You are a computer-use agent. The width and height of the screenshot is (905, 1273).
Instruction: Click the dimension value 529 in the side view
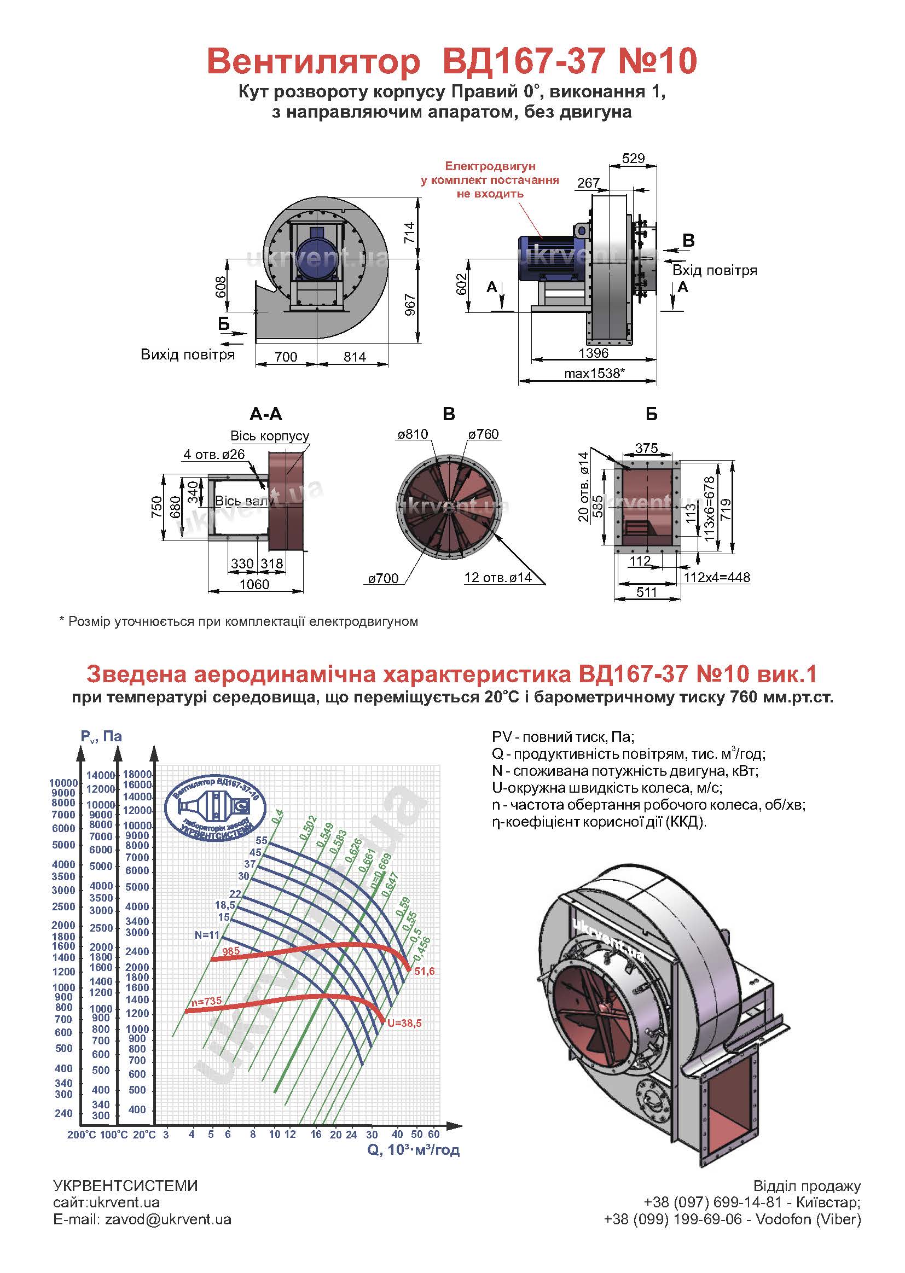(633, 158)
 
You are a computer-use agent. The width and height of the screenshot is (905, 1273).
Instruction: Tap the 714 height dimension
(410, 232)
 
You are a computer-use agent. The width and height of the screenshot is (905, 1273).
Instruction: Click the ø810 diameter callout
(413, 434)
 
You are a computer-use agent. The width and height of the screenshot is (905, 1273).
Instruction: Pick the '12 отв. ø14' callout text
(497, 578)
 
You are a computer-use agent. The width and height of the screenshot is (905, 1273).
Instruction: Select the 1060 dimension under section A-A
(254, 584)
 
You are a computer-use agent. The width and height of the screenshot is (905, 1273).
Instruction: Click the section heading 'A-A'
(266, 414)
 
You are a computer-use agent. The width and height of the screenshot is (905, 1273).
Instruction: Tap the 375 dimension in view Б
(646, 448)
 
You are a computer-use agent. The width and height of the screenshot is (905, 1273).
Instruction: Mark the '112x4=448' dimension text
(717, 577)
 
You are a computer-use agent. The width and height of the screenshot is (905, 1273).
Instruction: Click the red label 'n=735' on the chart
(206, 1001)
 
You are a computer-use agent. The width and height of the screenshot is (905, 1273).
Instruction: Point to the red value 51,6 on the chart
(424, 972)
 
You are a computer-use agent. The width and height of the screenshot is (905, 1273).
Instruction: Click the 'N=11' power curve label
(207, 935)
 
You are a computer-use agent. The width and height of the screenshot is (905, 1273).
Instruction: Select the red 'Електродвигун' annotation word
(490, 166)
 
